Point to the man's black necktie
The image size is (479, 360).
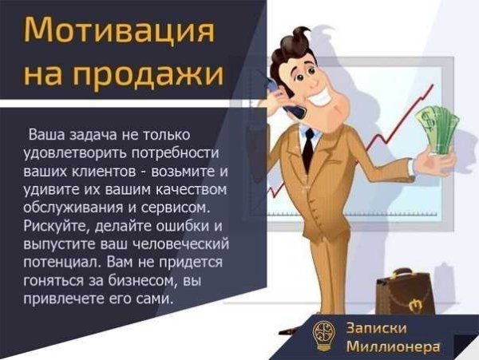[308, 148]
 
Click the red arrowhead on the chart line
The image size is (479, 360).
[431, 87]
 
